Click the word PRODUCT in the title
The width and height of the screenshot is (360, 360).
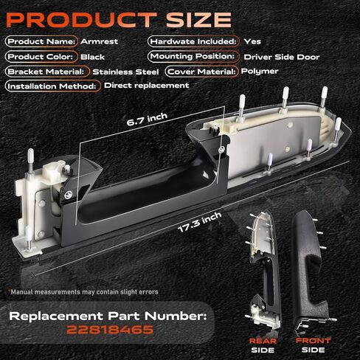point(82,19)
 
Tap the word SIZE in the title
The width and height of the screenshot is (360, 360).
point(198,19)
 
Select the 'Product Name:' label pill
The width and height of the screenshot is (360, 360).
point(41,41)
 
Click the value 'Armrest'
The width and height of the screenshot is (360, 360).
point(100,41)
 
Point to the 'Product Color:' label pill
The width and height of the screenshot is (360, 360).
point(41,57)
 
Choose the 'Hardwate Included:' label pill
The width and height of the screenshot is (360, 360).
point(193,41)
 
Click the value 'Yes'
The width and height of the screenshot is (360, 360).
point(252,41)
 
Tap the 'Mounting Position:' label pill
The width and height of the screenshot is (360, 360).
point(193,57)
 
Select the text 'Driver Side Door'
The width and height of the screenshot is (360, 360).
point(282,57)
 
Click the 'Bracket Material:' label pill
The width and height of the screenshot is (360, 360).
point(47,72)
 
